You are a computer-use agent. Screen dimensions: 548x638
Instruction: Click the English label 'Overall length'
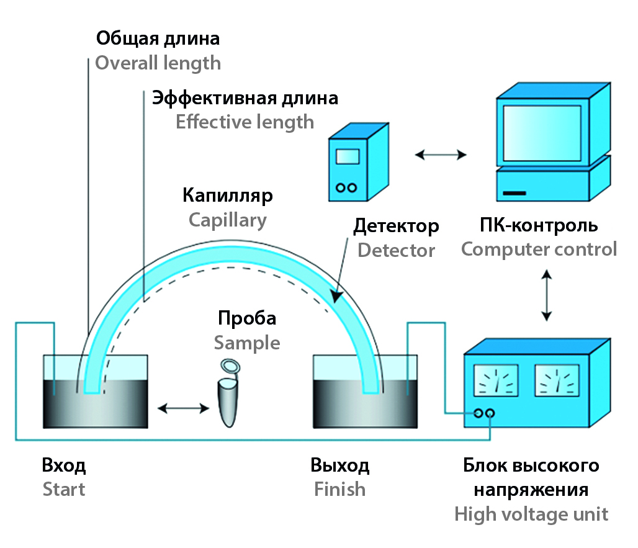tap(158, 63)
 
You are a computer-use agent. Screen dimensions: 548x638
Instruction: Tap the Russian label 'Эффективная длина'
tap(245, 98)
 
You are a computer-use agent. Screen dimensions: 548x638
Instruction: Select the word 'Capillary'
tap(228, 220)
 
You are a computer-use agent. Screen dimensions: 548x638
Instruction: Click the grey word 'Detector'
tap(396, 250)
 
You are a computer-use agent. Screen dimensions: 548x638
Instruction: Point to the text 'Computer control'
tap(539, 249)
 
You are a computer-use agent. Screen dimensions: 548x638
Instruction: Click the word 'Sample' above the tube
tap(247, 343)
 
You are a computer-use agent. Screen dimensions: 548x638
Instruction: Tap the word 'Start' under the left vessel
tap(64, 489)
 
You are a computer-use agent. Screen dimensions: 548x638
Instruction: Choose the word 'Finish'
tap(339, 489)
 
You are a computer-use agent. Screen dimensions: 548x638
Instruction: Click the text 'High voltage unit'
tap(531, 514)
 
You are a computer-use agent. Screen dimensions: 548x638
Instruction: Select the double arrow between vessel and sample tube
tap(183, 408)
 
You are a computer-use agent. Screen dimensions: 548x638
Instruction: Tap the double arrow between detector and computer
tap(441, 155)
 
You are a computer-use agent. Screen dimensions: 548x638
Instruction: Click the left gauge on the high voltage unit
tap(496, 380)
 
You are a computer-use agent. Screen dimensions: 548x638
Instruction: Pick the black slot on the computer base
tap(514, 195)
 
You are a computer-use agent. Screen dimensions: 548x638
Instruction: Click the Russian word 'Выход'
tap(340, 465)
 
